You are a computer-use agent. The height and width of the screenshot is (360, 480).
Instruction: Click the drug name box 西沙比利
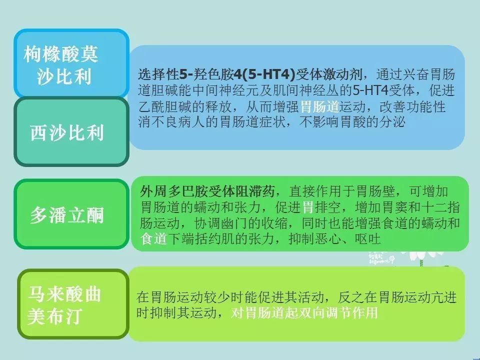pos(71,131)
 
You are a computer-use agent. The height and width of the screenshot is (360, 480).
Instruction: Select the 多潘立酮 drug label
pos(71,214)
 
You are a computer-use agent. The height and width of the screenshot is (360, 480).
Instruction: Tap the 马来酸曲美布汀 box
pos(73,304)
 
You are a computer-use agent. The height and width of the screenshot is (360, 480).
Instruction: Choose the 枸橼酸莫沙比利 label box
pos(71,63)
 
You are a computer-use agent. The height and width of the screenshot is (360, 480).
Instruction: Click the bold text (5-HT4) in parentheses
pos(268,74)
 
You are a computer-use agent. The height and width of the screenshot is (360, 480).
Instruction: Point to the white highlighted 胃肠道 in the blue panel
pos(320,107)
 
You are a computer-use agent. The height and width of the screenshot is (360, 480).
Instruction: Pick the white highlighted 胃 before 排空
pos(308,207)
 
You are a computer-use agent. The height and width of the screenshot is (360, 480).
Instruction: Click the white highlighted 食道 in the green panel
pos(153,239)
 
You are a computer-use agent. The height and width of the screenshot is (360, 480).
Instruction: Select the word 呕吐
pos(368,239)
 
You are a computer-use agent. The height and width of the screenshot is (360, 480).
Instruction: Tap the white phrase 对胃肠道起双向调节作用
pos(304,313)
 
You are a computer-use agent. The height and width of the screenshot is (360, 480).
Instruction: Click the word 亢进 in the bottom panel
pos(443,297)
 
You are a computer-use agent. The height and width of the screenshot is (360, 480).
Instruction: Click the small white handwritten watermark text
pos(381,258)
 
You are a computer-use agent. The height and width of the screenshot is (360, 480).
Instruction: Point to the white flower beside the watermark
pos(422,255)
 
